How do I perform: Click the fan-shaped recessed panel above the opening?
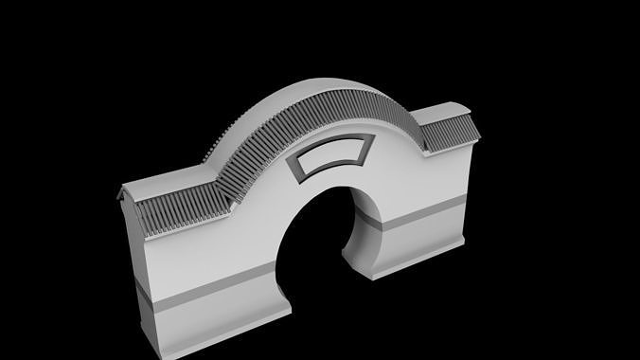pyautogui.click(x=329, y=158)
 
